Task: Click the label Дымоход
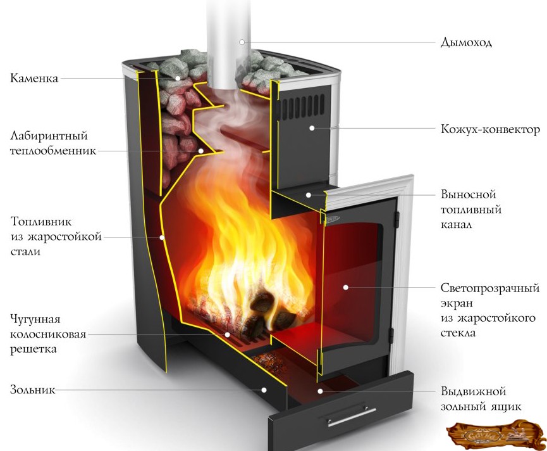(x=466, y=43)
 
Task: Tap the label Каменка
(x=34, y=79)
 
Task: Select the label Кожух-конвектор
(x=490, y=130)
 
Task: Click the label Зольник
(x=32, y=390)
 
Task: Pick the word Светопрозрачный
(x=489, y=288)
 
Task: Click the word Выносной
(x=468, y=194)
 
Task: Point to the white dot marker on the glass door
(x=346, y=287)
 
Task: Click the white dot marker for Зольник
(x=265, y=390)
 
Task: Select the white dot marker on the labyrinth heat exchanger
(x=201, y=151)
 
